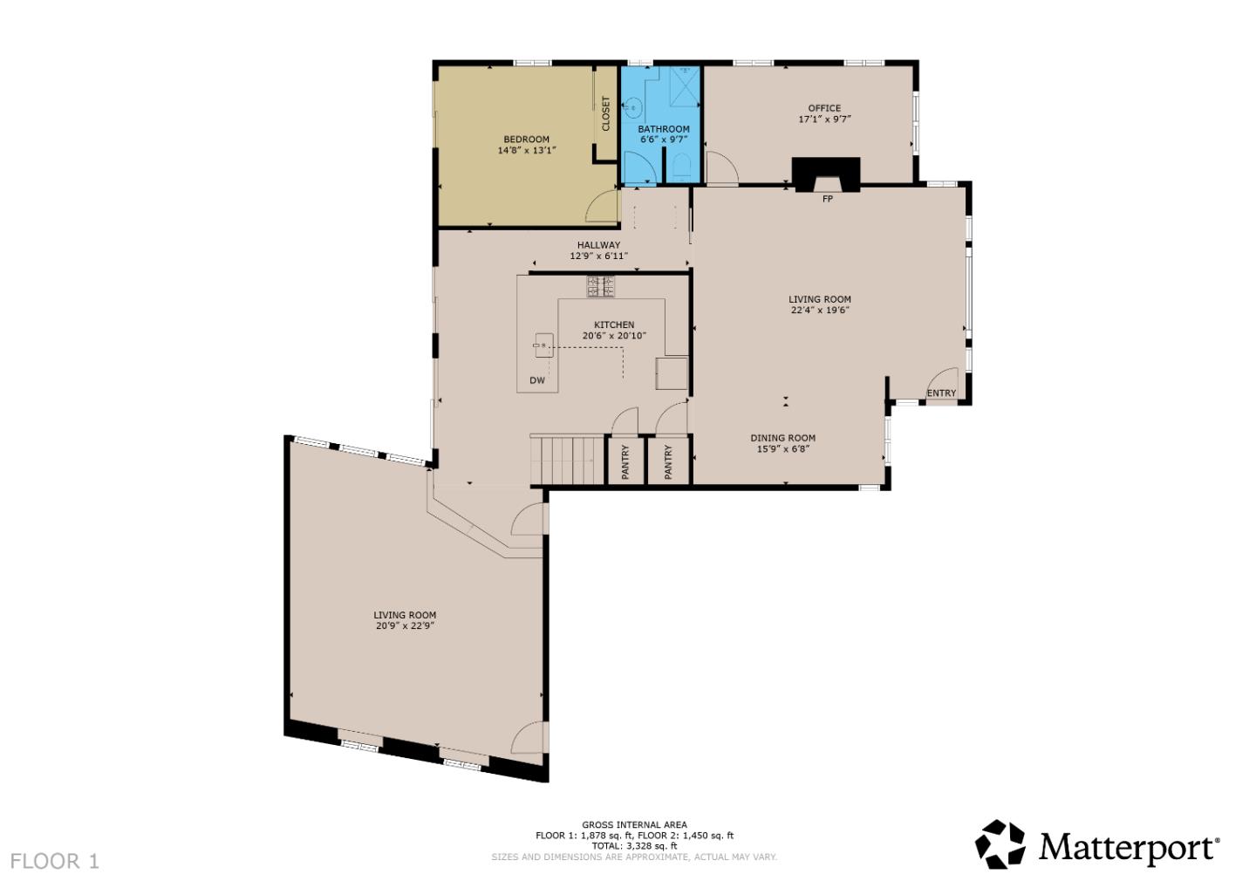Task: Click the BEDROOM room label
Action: (x=526, y=140)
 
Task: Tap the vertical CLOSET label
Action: (x=606, y=113)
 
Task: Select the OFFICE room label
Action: (x=824, y=108)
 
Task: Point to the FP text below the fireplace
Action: (x=828, y=200)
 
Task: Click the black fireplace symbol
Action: (x=826, y=173)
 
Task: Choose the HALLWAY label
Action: (x=598, y=245)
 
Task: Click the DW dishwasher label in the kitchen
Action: (x=537, y=380)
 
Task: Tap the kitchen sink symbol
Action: (x=543, y=346)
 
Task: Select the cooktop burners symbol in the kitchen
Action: (x=600, y=285)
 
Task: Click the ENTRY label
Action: (x=941, y=393)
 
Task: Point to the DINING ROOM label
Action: (x=782, y=439)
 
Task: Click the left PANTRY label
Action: (x=625, y=461)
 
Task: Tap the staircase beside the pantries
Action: (x=567, y=460)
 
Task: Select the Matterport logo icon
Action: (x=1000, y=844)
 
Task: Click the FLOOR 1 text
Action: (x=55, y=862)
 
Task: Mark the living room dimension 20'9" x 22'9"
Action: (x=405, y=626)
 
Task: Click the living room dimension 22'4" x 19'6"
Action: (x=820, y=310)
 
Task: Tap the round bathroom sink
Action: (x=634, y=109)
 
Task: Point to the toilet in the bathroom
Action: (x=683, y=166)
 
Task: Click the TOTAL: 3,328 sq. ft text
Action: (x=634, y=846)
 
